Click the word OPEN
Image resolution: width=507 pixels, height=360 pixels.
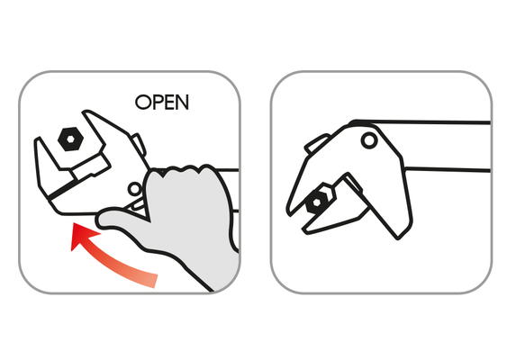click(162, 102)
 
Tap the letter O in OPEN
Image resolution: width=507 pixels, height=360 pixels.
click(142, 102)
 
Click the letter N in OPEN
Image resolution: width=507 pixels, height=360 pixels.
click(182, 102)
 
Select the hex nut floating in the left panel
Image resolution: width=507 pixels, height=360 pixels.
click(70, 139)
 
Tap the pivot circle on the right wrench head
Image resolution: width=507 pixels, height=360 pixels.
click(369, 140)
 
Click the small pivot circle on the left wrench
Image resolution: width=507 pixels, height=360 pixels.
click(135, 189)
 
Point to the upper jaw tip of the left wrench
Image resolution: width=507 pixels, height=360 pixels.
click(86, 112)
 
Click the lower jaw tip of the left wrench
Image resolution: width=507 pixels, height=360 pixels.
click(37, 139)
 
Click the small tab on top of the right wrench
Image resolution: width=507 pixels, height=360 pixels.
click(317, 143)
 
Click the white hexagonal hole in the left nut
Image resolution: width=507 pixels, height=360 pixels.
click(70, 139)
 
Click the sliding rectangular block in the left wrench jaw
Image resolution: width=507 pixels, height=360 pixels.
click(91, 166)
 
